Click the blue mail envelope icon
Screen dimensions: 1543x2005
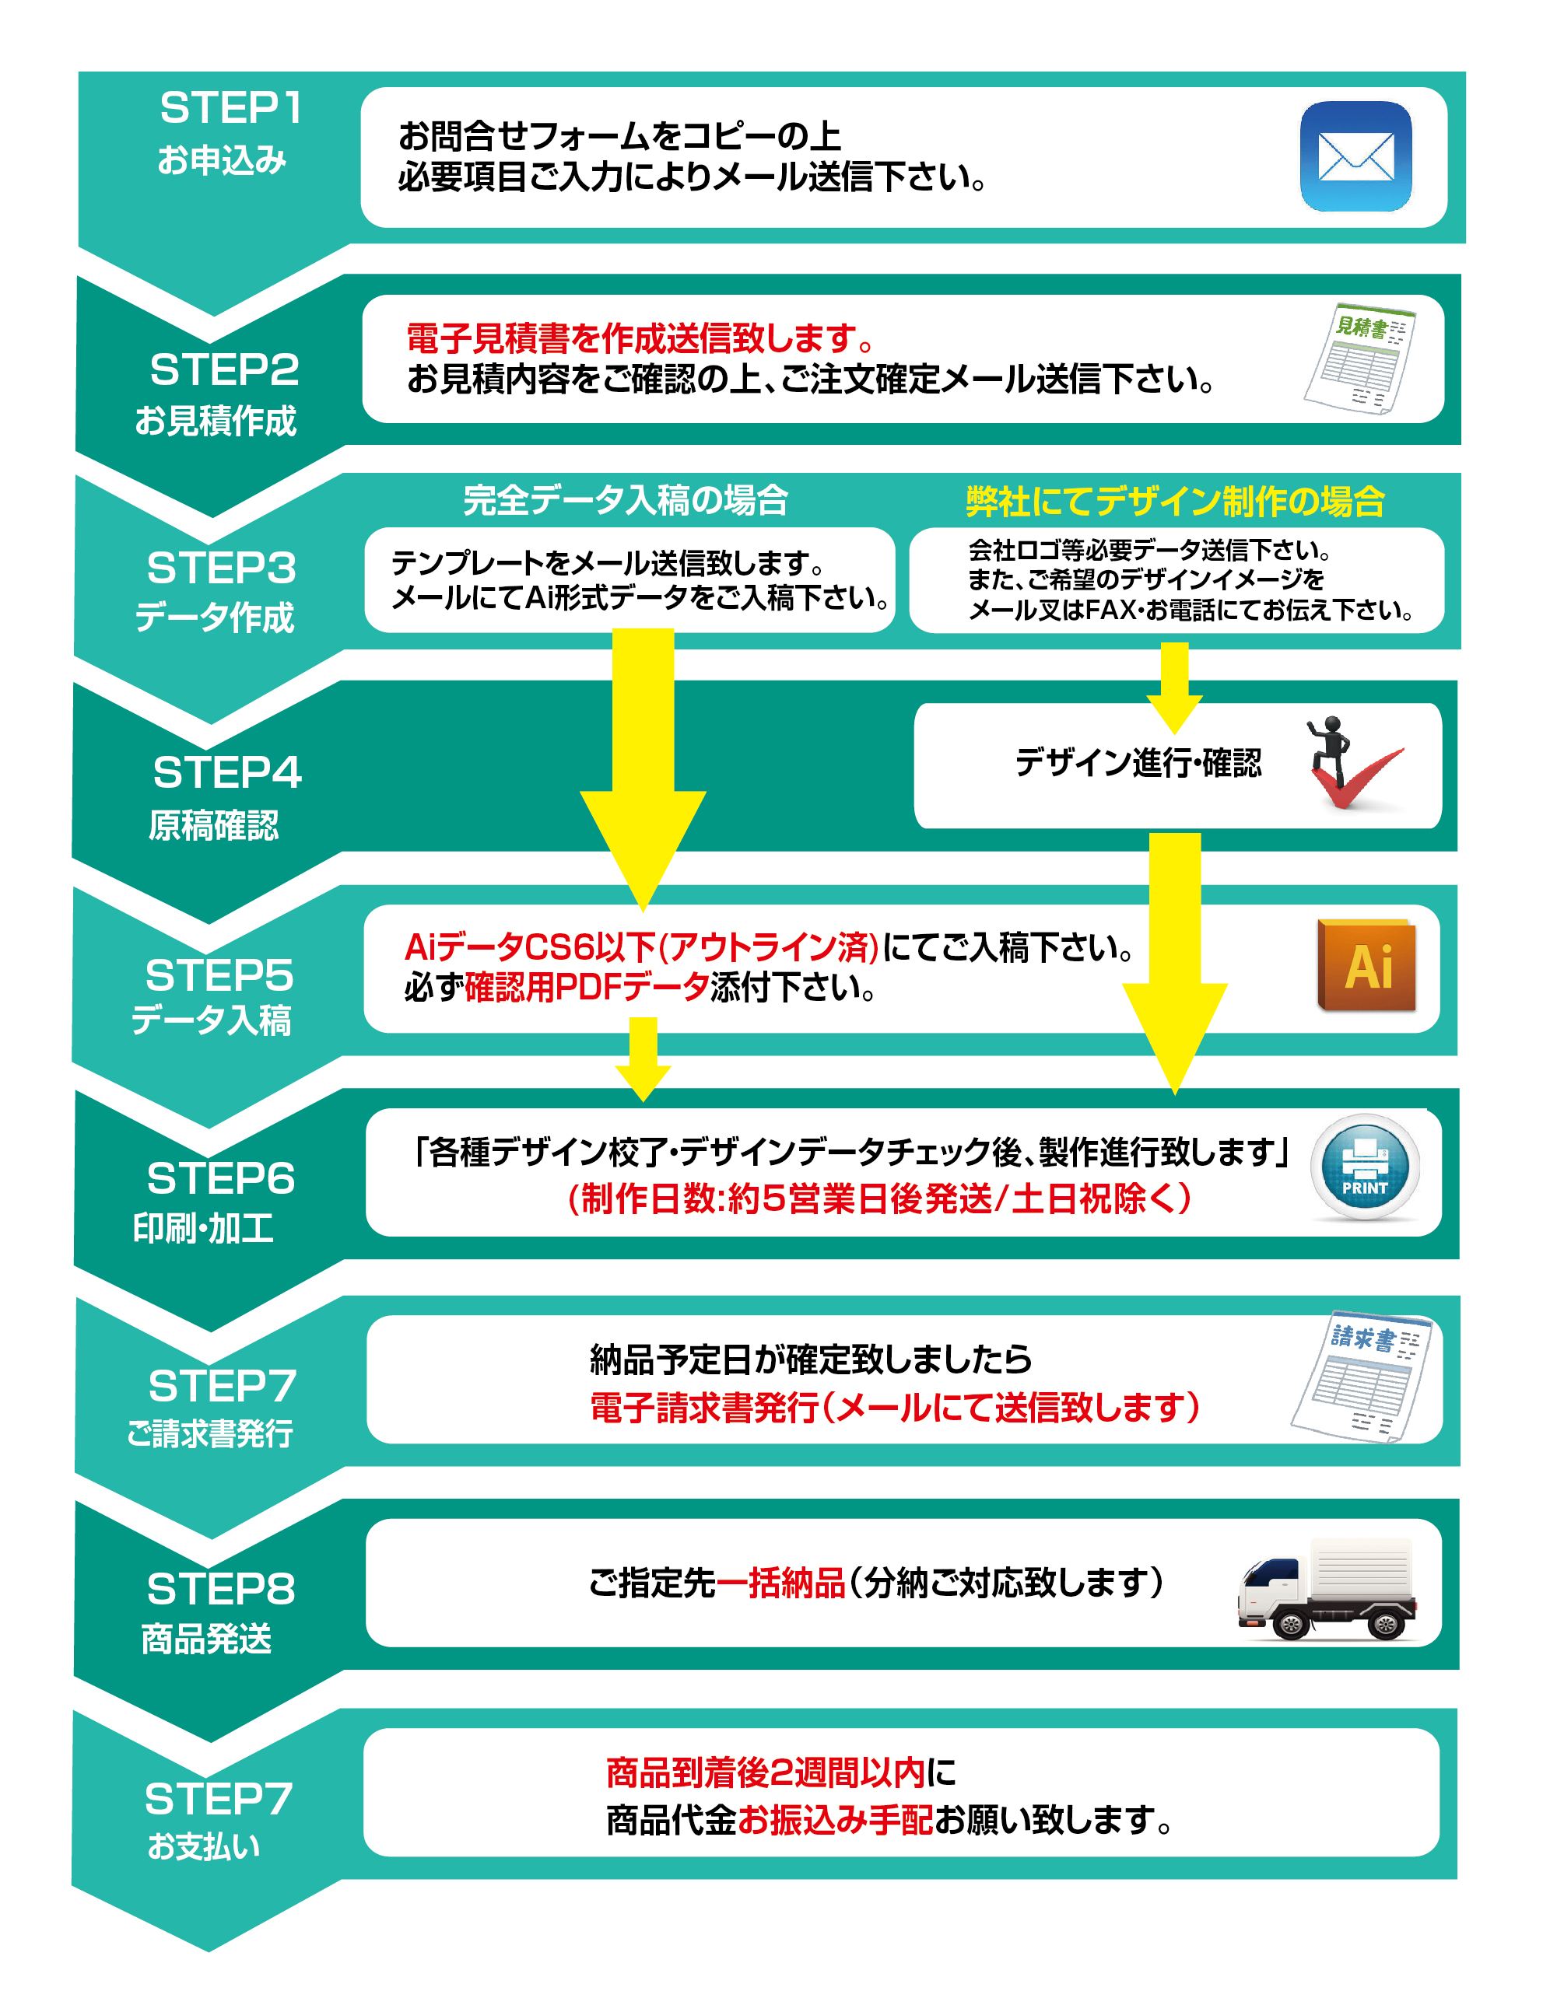point(1355,156)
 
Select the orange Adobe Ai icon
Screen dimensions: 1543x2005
point(1366,965)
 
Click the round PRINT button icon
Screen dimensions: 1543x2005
point(1365,1167)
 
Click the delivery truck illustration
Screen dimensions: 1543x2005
point(1327,1588)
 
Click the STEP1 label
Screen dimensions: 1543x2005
point(230,107)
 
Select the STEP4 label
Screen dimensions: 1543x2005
point(227,772)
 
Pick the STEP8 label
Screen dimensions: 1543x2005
point(221,1588)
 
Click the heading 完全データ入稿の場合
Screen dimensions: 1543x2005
point(626,500)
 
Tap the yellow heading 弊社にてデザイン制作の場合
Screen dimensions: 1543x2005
point(1175,501)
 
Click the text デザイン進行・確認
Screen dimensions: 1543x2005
point(1138,763)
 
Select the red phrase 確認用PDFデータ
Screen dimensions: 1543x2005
point(587,987)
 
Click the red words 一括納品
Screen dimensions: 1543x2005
point(780,1583)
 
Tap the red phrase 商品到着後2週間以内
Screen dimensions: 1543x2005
point(765,1772)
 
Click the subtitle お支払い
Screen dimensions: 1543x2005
point(204,1846)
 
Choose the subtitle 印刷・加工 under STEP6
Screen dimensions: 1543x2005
point(204,1227)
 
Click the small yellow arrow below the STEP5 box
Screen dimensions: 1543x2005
point(643,1058)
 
